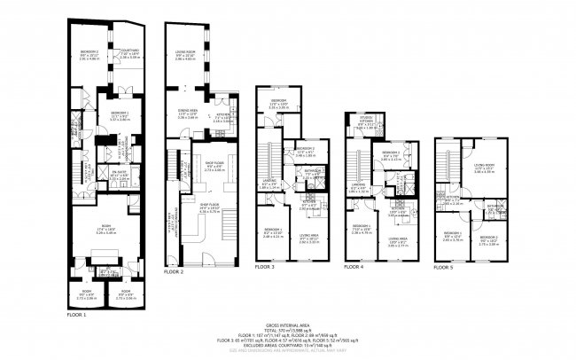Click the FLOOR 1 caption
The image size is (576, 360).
coord(77,315)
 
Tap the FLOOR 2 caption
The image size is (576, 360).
coord(174,272)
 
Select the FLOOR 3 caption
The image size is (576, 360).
coord(265,266)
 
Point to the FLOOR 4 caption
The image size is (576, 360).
coord(354,266)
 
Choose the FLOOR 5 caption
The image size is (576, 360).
coord(444,266)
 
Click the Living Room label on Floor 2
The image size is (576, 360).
coord(184,55)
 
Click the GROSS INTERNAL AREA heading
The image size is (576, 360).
coord(288,325)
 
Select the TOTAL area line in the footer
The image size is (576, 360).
coord(288,331)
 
